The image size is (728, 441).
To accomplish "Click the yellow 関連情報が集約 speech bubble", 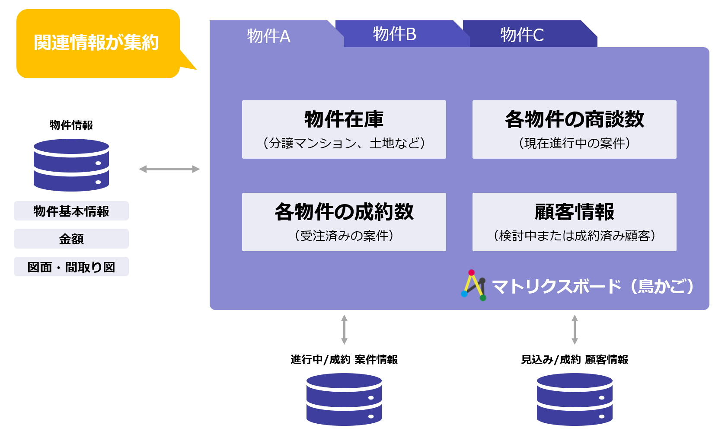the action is [x=98, y=44].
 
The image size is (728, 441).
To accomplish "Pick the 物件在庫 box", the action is [x=344, y=129].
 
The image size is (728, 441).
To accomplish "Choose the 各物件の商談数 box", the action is [x=574, y=129].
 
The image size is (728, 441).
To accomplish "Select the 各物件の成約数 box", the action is [x=344, y=222].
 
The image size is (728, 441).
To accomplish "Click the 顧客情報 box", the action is [x=574, y=222].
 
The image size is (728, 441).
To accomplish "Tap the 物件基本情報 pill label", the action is [x=71, y=211].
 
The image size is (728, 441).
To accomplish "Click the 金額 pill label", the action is [x=71, y=239].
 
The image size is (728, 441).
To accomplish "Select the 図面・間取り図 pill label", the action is [x=71, y=267].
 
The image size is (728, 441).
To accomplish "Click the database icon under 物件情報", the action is [x=71, y=165].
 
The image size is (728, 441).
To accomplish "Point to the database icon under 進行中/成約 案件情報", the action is [x=344, y=399].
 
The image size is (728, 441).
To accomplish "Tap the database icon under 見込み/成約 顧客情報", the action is [x=575, y=399].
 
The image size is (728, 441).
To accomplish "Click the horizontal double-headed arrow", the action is [x=169, y=169].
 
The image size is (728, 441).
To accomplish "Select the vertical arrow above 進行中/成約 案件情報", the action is [x=344, y=329].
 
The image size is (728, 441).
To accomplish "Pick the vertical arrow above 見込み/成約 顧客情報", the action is [x=575, y=329].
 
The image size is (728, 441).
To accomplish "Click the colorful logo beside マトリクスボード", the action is [x=474, y=285].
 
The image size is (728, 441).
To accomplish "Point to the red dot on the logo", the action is [x=472, y=273].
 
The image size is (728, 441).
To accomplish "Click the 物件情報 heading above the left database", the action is [x=71, y=125].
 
